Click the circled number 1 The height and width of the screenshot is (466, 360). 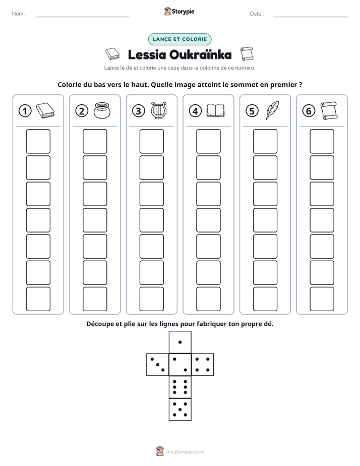click(25, 111)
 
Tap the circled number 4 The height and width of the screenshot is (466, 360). click(195, 111)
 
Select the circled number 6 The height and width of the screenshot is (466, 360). click(309, 111)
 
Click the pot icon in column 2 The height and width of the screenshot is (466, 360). click(102, 110)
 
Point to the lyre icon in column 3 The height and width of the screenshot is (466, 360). click(159, 110)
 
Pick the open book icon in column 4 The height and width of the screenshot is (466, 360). click(215, 110)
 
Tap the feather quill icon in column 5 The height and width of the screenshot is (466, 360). click(272, 110)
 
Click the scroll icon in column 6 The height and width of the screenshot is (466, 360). click(329, 110)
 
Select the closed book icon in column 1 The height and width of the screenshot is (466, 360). click(45, 111)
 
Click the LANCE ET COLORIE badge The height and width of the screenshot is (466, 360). click(179, 39)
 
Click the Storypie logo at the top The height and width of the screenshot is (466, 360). click(179, 11)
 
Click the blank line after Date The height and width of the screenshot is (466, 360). click(311, 17)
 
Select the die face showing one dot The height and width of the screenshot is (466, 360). click(180, 342)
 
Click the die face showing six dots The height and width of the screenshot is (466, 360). click(180, 387)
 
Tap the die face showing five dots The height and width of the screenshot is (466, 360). click(180, 410)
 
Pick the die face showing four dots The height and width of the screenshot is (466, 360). click(203, 365)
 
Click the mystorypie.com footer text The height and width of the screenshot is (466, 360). click(185, 452)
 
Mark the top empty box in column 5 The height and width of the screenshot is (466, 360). click(265, 141)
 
